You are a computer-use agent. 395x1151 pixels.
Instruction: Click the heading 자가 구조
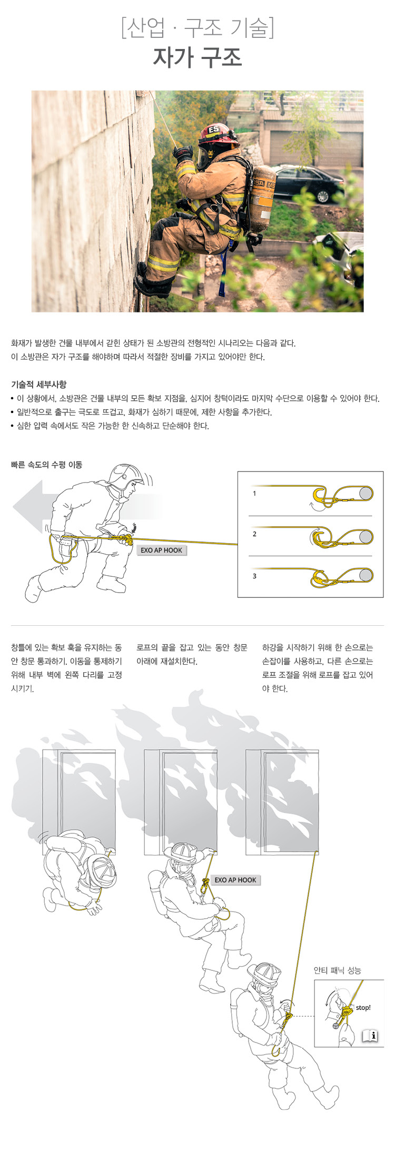tap(197, 57)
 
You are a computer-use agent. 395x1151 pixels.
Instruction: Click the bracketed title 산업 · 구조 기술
tap(197, 27)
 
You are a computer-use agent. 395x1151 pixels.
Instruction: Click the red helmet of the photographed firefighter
tap(218, 134)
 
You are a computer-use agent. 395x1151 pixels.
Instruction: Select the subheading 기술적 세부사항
tap(38, 385)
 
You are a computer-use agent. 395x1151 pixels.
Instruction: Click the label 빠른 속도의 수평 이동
tap(46, 465)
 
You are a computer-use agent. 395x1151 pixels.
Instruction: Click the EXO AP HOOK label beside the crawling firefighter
tap(161, 550)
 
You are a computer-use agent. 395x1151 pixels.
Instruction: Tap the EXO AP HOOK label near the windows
tap(235, 880)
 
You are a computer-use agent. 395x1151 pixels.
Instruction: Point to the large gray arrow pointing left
tap(37, 507)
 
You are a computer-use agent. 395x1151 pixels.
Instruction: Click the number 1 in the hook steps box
tap(254, 494)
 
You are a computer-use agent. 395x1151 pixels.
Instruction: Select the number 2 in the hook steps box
tap(254, 534)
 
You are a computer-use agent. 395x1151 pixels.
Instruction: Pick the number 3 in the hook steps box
tap(254, 576)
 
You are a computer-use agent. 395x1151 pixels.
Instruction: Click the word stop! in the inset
tap(363, 1008)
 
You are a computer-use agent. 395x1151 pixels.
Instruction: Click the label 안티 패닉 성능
tap(338, 970)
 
